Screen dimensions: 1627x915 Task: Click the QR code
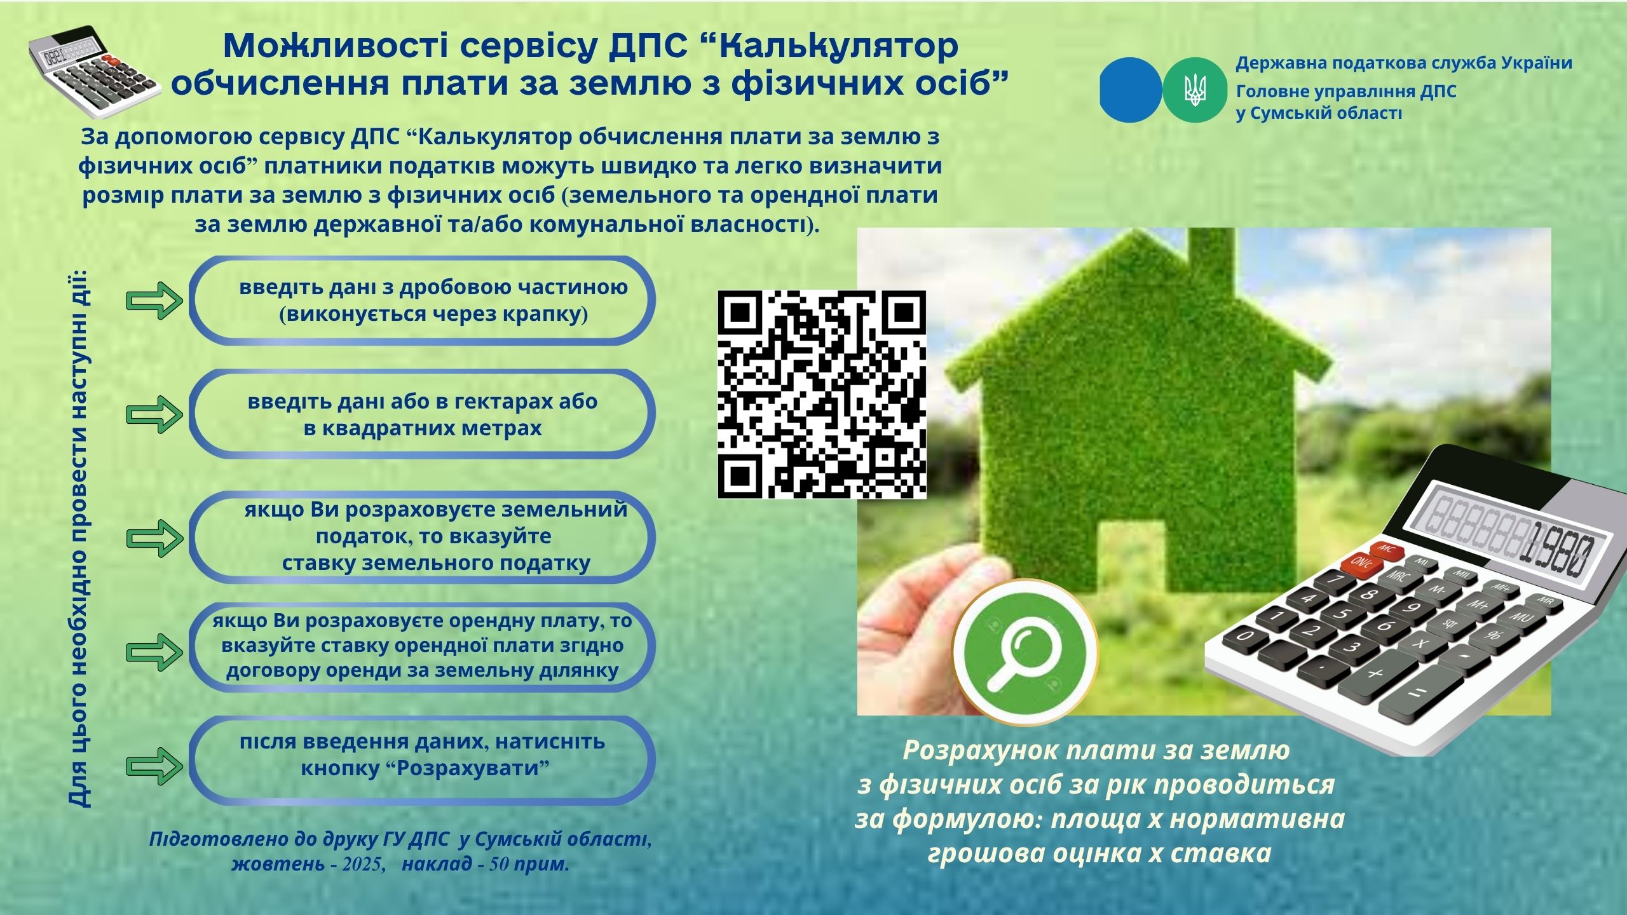(x=821, y=394)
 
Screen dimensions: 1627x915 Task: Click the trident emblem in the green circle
(x=1195, y=90)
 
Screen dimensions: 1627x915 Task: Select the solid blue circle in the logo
(x=1131, y=90)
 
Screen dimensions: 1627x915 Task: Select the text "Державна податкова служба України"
(x=1404, y=63)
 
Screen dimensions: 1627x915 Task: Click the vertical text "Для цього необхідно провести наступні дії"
(x=79, y=538)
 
